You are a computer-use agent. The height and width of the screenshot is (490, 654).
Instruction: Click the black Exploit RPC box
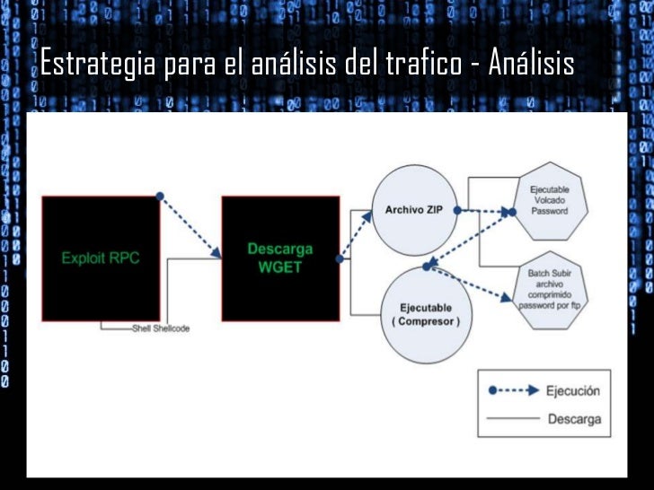pos(101,258)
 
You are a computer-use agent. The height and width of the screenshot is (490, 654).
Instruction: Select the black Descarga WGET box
pos(280,258)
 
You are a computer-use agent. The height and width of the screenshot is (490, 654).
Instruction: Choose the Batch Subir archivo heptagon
pos(551,287)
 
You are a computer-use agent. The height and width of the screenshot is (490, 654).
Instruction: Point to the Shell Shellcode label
pos(161,328)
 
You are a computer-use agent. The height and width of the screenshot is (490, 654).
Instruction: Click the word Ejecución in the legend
pos(573,390)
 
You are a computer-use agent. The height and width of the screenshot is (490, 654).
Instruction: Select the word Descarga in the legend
pos(574,418)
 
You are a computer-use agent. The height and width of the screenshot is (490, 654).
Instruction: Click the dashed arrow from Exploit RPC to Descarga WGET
pos(190,224)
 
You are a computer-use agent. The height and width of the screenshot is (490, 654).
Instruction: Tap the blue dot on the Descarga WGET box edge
pos(340,259)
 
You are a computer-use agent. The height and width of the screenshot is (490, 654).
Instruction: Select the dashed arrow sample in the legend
pos(515,390)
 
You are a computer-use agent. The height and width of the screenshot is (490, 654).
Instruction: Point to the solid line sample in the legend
pos(515,418)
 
